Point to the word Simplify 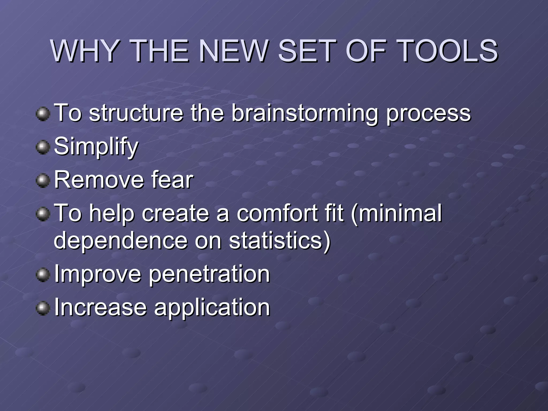[x=96, y=147]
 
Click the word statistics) [x=280, y=241]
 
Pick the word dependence [x=121, y=241]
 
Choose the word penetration [x=209, y=274]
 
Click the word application [x=212, y=308]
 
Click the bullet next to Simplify [x=43, y=147]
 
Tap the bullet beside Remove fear [x=43, y=181]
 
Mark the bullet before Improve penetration [x=43, y=275]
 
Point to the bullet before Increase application [x=43, y=308]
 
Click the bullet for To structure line [x=43, y=114]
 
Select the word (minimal [x=396, y=213]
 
